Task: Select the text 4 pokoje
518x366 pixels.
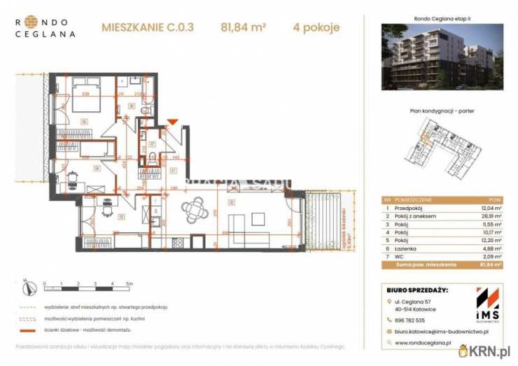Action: point(316,29)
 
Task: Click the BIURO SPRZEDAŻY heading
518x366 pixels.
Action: point(417,290)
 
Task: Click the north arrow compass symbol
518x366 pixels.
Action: point(25,286)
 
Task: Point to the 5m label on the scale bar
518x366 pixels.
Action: point(129,284)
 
